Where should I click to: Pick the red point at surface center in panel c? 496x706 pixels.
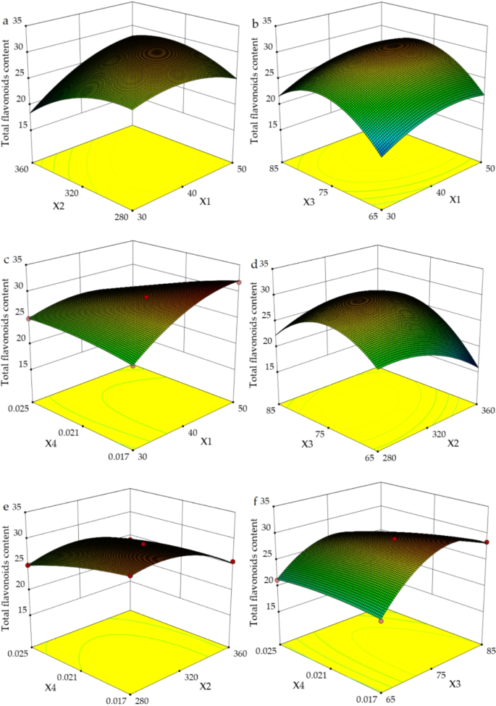point(146,297)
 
